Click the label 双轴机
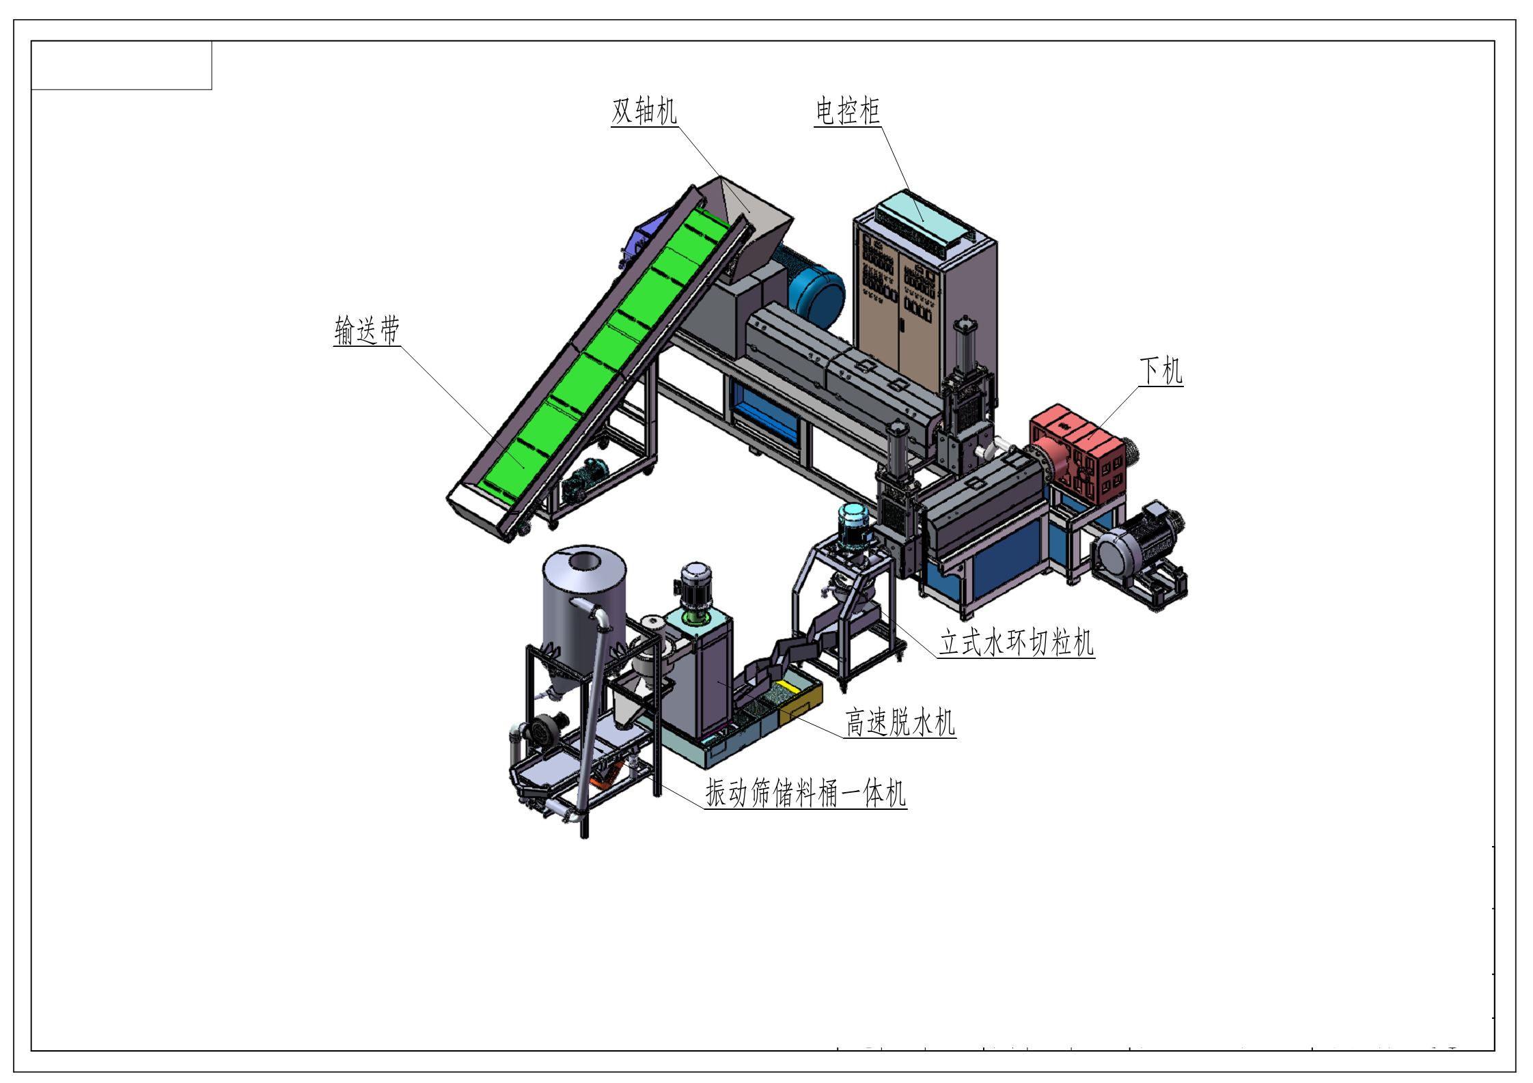(644, 111)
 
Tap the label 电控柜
(847, 111)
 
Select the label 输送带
(367, 330)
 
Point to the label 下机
(1161, 371)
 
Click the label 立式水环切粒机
(1017, 643)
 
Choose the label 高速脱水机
(900, 722)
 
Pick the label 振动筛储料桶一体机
(805, 793)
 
